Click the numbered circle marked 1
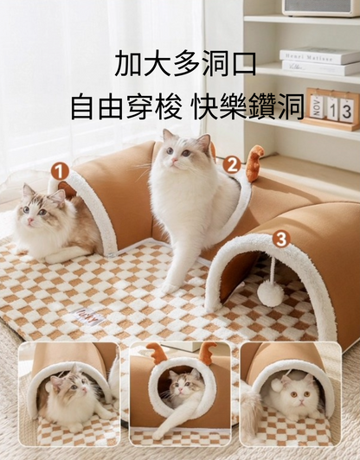tap(60, 171)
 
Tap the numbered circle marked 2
tap(232, 165)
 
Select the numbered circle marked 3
tap(281, 240)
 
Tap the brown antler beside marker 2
tap(254, 163)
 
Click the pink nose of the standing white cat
tap(175, 160)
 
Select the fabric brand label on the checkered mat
tap(89, 316)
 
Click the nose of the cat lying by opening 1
tap(30, 220)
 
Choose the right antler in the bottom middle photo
tap(208, 350)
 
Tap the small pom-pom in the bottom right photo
tap(276, 384)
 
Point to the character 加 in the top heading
tap(128, 64)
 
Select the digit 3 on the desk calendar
tap(347, 112)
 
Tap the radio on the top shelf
tap(321, 8)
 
